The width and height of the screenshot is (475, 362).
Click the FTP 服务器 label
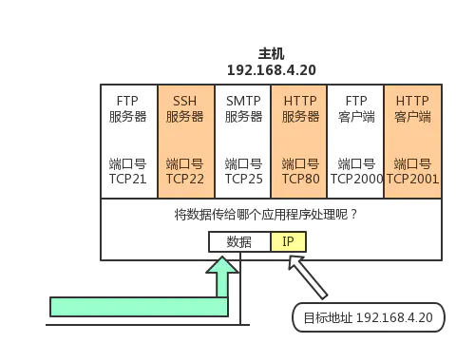(x=128, y=108)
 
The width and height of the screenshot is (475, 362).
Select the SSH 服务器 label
(x=184, y=108)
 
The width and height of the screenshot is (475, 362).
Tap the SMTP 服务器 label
(x=242, y=108)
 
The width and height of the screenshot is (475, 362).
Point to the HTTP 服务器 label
(x=299, y=108)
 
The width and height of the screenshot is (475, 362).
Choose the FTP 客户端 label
(x=355, y=108)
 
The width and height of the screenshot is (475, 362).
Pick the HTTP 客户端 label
(x=412, y=108)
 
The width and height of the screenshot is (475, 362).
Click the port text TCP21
(x=128, y=178)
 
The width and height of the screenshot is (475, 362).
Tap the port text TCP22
(x=184, y=178)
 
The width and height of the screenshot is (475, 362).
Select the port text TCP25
(x=242, y=178)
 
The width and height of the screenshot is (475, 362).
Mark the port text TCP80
(x=299, y=178)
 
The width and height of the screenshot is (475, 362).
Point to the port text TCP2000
(x=355, y=178)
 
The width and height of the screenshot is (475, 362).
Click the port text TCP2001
(x=412, y=178)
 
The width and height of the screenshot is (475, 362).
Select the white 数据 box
(x=239, y=242)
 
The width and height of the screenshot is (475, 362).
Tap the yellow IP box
(x=288, y=242)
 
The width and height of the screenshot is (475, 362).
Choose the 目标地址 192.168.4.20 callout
(x=367, y=317)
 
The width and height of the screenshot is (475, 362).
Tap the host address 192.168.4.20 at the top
(x=273, y=69)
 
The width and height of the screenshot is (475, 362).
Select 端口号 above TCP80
(x=299, y=163)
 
